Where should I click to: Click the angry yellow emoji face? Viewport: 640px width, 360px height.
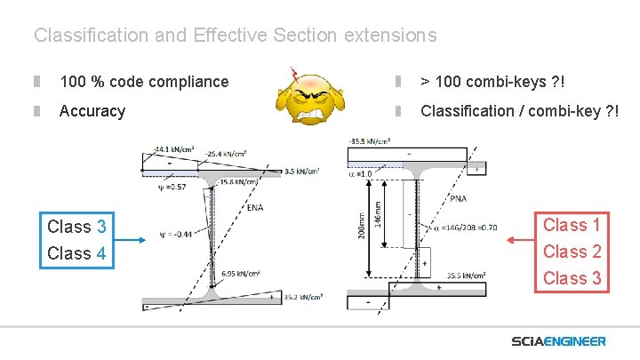coord(311,99)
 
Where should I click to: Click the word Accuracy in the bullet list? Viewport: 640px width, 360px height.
coord(92,111)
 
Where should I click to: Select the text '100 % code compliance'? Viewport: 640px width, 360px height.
coord(143,82)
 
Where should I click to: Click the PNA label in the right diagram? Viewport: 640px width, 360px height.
coord(458,198)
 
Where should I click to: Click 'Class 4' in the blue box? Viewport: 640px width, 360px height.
coord(76,253)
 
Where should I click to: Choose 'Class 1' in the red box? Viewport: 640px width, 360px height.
coord(572,225)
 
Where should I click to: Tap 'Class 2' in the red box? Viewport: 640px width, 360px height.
coord(572,252)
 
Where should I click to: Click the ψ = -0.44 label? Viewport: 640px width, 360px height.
coord(178,235)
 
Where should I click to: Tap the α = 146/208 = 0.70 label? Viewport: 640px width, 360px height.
coord(467,228)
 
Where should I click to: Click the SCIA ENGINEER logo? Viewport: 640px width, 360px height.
coord(558,341)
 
